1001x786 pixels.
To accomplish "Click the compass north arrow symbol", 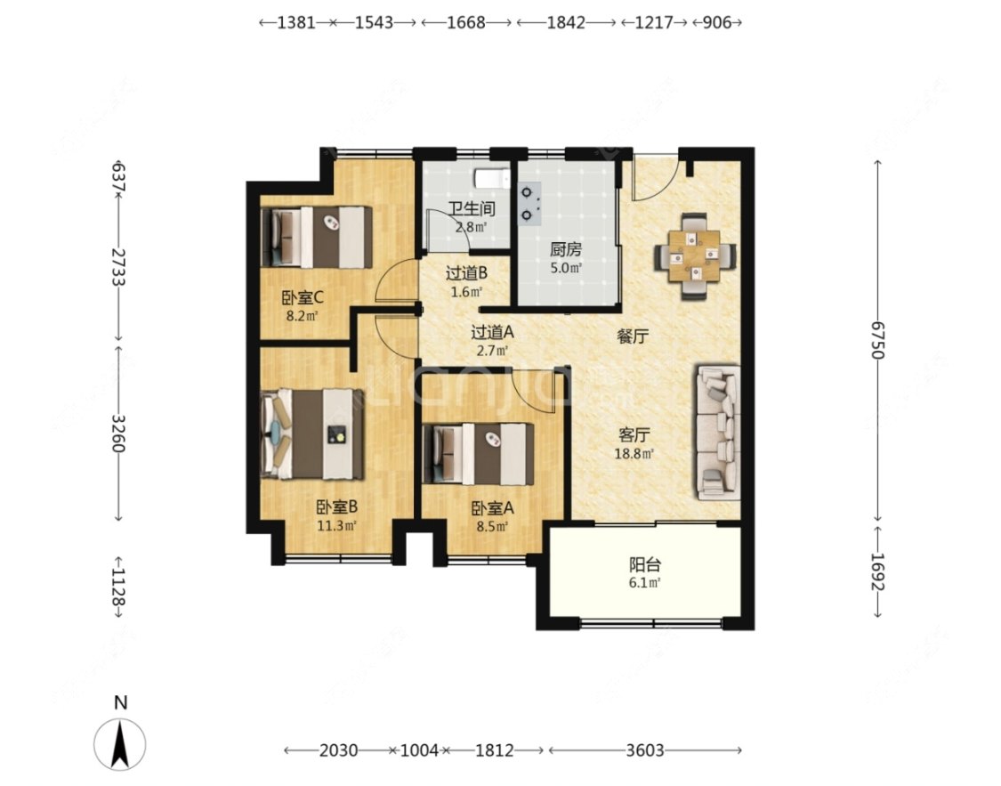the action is point(120,744).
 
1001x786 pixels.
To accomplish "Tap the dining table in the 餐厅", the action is point(695,256).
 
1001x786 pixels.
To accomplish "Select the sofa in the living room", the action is point(718,433).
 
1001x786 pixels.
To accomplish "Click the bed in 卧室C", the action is point(318,237).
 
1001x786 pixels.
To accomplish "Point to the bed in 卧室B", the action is point(313,434).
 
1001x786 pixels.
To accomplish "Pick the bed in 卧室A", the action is point(479,454).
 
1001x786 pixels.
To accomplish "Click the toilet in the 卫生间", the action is point(491,178).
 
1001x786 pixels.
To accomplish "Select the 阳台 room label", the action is point(645,564).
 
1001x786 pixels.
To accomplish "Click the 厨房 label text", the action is point(566,249).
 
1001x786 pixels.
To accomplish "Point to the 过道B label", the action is point(466,273).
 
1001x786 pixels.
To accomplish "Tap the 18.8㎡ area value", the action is point(634,454).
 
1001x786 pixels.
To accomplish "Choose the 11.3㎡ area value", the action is point(336,526).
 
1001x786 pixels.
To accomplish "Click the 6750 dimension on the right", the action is point(878,340).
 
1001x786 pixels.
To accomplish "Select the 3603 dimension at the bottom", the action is point(645,750).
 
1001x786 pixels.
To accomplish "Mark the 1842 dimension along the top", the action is point(566,22).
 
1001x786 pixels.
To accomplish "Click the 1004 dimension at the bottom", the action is point(419,750).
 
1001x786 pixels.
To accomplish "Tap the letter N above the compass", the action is point(121,703).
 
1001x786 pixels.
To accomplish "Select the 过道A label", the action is point(492,332).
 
